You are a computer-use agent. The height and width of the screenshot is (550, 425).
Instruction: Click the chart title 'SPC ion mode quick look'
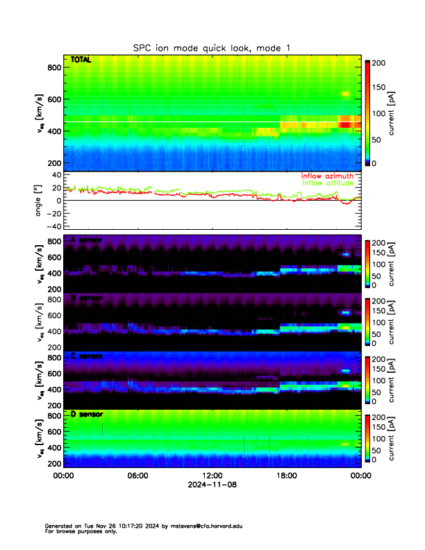click(212, 48)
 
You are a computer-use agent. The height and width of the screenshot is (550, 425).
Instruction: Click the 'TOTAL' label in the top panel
click(81, 60)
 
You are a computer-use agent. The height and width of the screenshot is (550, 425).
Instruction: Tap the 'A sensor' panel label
click(86, 240)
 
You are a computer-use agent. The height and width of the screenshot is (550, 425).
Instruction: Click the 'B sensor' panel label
click(86, 298)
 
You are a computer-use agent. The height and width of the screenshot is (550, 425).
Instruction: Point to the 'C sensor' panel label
click(86, 356)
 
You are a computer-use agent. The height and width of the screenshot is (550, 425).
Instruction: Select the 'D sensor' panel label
click(86, 414)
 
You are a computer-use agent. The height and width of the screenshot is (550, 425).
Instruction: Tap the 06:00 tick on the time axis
click(137, 476)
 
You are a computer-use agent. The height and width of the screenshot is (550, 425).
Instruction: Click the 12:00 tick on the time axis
click(212, 476)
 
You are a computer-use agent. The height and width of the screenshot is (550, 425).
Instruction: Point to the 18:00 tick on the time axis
click(286, 476)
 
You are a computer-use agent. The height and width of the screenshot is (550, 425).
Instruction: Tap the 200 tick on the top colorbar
click(378, 63)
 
